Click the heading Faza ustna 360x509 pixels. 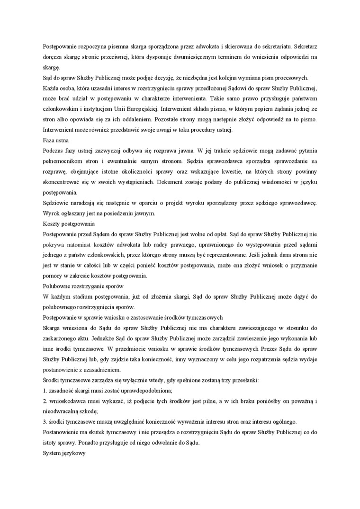(55, 140)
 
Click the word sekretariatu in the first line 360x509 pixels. (271, 47)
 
